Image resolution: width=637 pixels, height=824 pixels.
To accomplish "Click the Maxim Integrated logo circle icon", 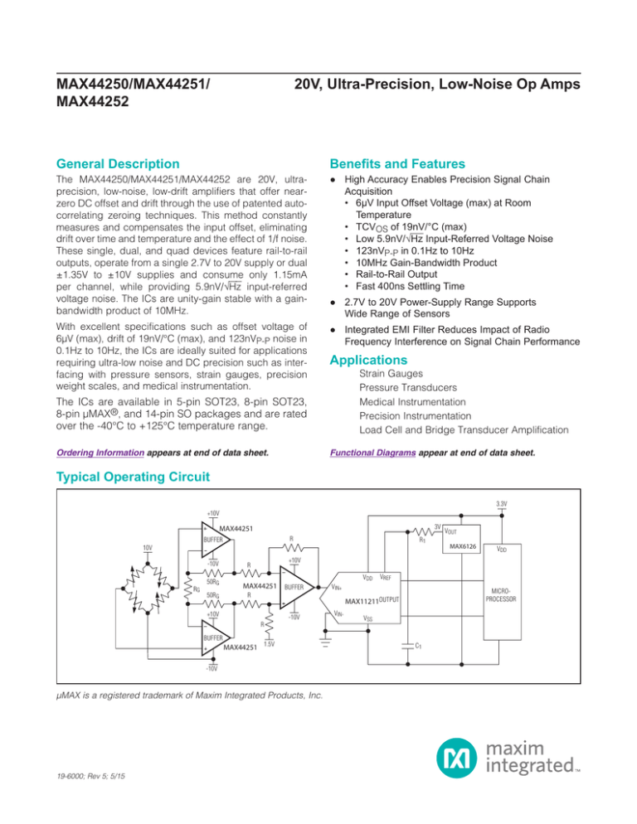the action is [456, 757].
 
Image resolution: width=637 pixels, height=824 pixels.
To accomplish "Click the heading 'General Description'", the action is [118, 164].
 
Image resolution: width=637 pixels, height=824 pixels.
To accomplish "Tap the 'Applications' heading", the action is [368, 360].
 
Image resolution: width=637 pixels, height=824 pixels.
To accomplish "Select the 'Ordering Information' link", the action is [100, 453].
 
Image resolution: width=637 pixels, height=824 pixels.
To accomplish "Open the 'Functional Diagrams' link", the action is [373, 453].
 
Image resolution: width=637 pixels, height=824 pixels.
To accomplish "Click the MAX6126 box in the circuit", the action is [461, 539].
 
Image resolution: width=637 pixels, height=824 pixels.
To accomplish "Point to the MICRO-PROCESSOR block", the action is [502, 592].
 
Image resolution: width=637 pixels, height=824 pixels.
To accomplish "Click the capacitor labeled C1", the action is [407, 646].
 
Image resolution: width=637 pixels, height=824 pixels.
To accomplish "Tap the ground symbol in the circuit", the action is [326, 642].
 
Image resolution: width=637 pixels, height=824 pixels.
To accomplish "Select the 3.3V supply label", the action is [501, 504].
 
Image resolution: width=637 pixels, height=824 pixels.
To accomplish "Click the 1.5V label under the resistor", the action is [269, 644].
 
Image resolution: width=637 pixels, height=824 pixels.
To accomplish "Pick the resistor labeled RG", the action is [187, 589].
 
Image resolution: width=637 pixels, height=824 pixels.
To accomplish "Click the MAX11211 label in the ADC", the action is [362, 601].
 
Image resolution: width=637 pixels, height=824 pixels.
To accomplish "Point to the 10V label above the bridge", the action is [148, 548].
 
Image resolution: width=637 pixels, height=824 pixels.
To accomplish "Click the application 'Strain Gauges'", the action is [391, 374].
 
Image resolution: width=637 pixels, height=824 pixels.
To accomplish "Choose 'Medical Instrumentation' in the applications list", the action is [412, 402].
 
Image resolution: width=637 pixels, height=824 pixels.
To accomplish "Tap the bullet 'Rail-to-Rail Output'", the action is [396, 274].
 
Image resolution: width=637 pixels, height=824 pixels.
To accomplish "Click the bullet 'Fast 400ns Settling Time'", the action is [411, 286].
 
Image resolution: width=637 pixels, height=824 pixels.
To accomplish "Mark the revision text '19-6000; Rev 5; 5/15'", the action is [90, 776].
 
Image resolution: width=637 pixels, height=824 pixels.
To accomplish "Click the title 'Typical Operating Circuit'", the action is [133, 477].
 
